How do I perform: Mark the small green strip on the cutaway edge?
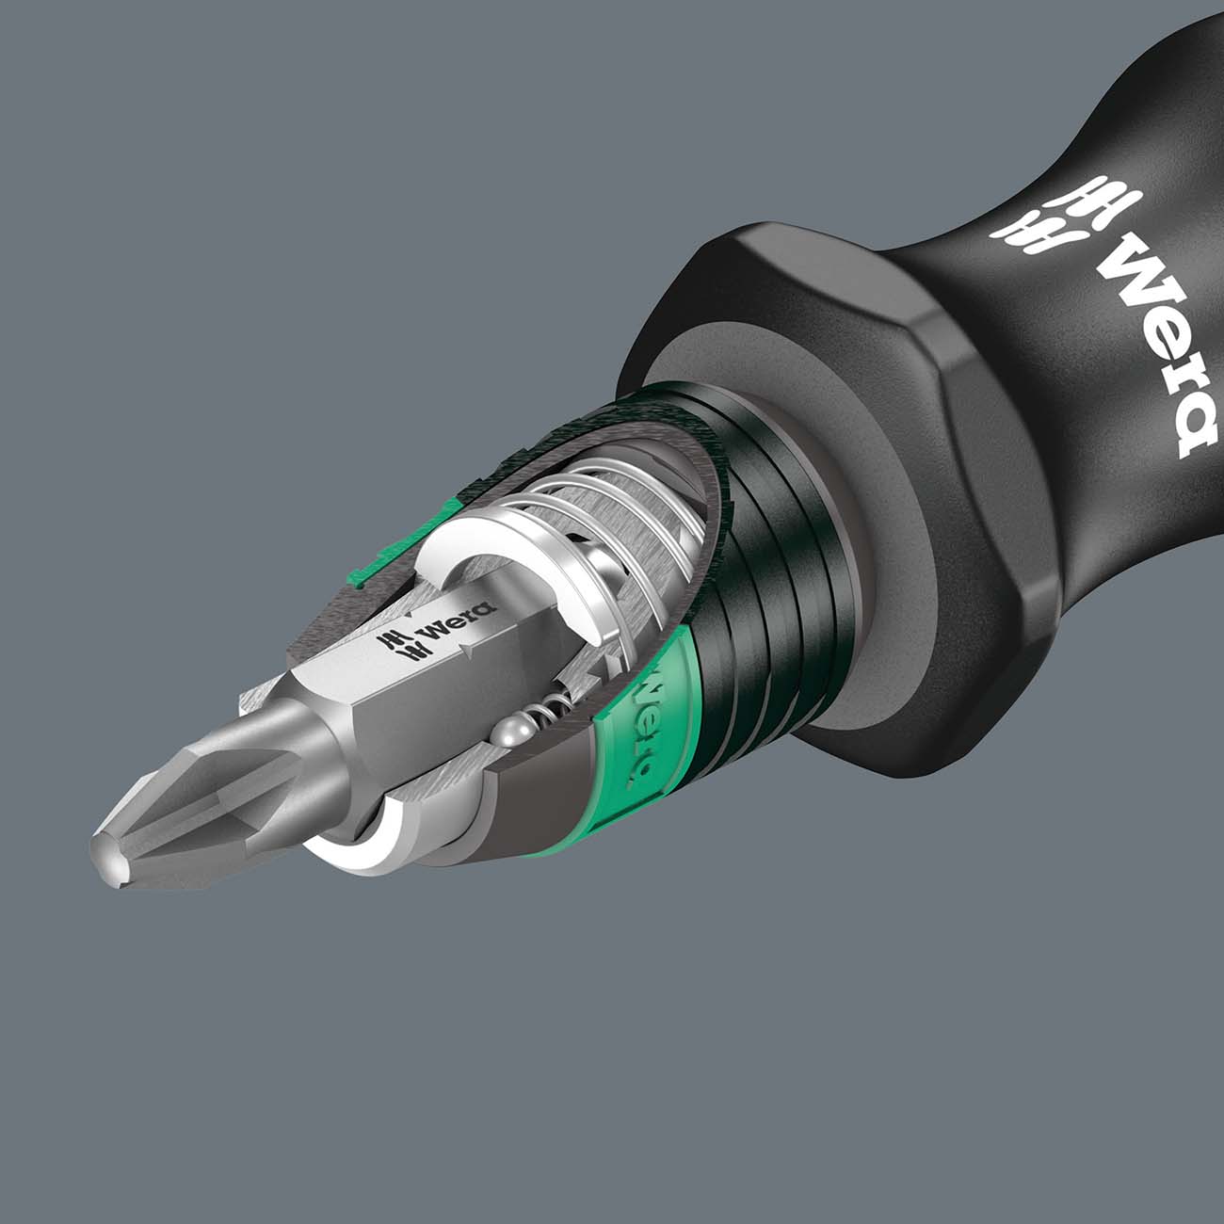pos(377,565)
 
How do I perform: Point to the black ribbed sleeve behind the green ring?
pos(772,603)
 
